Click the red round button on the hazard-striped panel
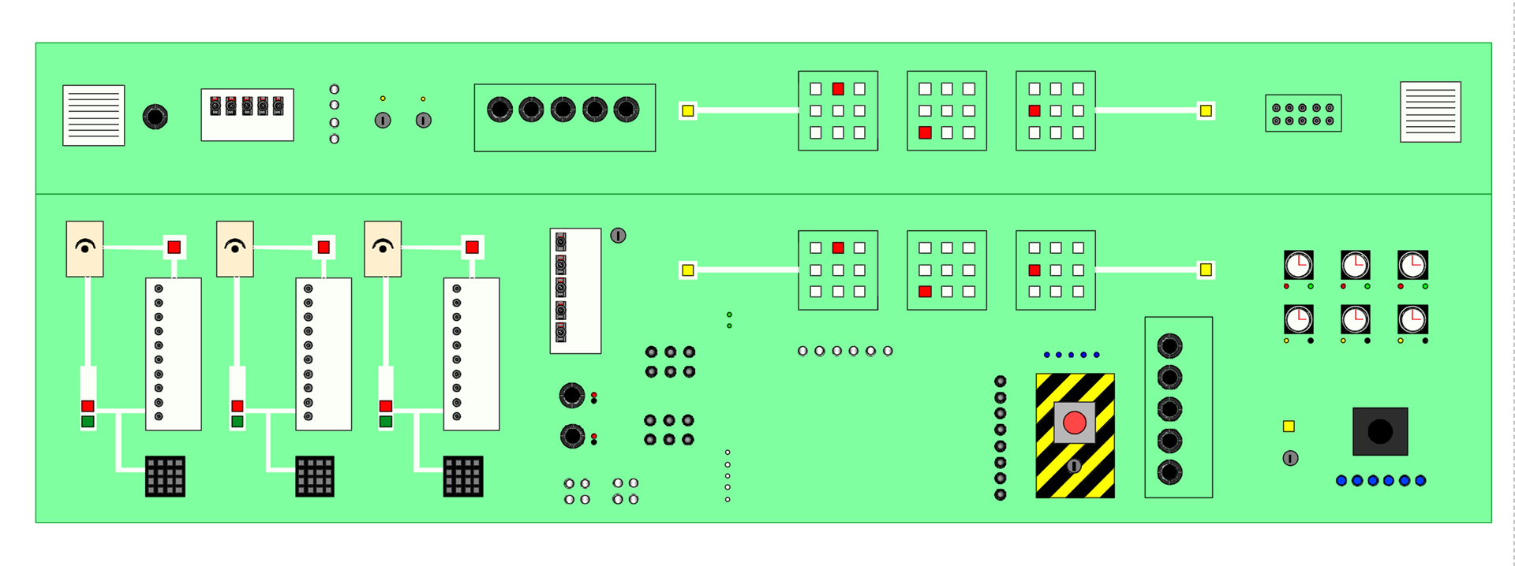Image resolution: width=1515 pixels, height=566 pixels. click(x=1075, y=423)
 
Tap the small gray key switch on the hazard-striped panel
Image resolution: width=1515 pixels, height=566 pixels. click(x=1074, y=466)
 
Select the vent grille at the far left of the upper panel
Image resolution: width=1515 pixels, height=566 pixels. click(x=93, y=115)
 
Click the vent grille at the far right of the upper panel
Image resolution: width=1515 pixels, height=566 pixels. click(x=1430, y=112)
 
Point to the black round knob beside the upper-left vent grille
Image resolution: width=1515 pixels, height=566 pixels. click(x=155, y=117)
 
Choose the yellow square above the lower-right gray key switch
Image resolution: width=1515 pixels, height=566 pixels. click(x=1289, y=426)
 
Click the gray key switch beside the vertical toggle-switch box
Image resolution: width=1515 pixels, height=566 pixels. click(x=618, y=236)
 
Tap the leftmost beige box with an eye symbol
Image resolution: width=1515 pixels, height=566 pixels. click(x=84, y=249)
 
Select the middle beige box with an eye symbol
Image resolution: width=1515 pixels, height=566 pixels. click(x=234, y=249)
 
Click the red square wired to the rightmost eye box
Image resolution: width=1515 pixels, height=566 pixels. click(x=472, y=248)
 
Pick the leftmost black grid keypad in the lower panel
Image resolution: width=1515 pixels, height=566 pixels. click(x=165, y=476)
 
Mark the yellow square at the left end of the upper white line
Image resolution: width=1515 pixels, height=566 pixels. click(x=688, y=111)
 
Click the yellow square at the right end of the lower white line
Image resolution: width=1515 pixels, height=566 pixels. click(x=1206, y=270)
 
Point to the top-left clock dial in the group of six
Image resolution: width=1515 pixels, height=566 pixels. click(x=1298, y=265)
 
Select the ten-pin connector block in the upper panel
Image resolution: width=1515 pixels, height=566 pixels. click(x=1303, y=114)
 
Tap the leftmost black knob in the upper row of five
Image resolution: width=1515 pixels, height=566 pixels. click(x=499, y=110)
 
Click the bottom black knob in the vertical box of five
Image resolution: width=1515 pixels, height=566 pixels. click(x=1169, y=472)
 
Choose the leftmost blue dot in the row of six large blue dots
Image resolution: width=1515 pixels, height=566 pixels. click(x=1341, y=481)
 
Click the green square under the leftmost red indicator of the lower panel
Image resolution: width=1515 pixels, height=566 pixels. click(x=88, y=422)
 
